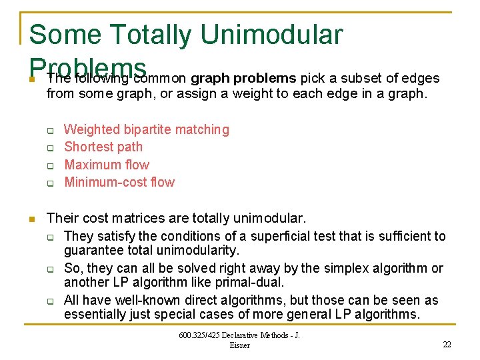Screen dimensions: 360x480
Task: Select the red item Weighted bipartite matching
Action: click(x=146, y=129)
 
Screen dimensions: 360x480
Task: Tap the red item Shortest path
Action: click(x=103, y=147)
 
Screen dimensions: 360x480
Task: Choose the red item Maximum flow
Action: click(x=107, y=165)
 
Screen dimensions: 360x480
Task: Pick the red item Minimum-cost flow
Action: click(x=119, y=182)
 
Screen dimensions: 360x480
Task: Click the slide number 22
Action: click(x=447, y=344)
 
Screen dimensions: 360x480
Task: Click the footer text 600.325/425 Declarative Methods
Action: click(x=239, y=335)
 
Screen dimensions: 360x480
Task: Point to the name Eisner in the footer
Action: click(x=239, y=345)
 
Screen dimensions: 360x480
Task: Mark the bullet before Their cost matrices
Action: click(x=31, y=218)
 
